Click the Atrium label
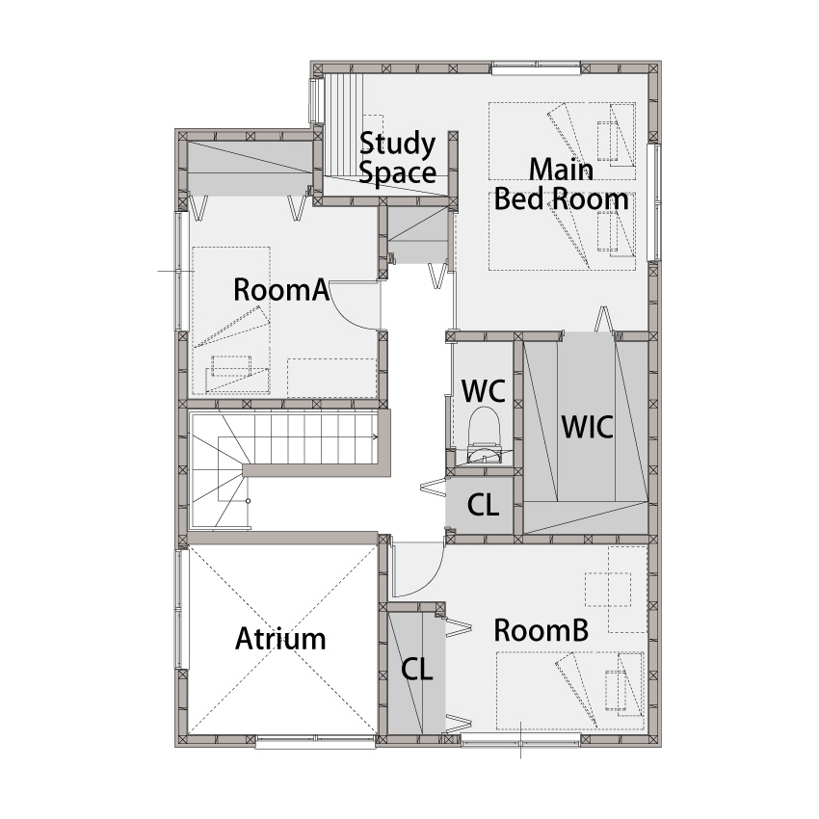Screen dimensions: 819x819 [280, 638]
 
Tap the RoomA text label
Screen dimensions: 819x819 [281, 290]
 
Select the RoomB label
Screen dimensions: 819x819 [542, 630]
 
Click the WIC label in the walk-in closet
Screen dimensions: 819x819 [587, 427]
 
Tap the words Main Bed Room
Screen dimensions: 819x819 [561, 184]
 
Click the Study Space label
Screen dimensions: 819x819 [398, 158]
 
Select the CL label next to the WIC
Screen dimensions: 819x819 [483, 505]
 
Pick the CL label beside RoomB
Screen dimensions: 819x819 [417, 669]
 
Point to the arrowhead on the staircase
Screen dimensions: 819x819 [375, 436]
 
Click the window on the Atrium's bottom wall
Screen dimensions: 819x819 [315, 742]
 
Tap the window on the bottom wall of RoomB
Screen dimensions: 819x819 [520, 739]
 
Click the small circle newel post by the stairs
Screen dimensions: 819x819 [248, 501]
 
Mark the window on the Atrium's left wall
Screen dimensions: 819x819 [180, 609]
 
